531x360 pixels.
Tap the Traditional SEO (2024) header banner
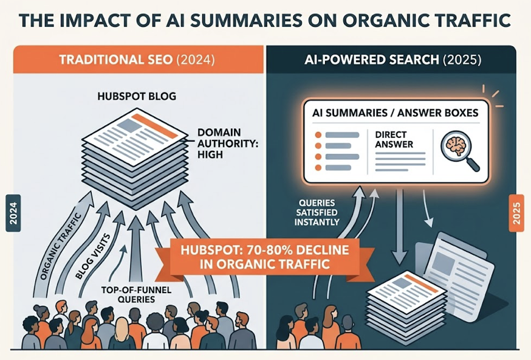coord(138,60)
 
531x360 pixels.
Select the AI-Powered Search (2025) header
coord(391,60)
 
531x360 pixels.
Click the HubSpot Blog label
coord(137,96)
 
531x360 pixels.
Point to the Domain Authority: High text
coord(228,144)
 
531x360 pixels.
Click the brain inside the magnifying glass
coord(456,145)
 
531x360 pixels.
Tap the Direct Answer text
coord(394,139)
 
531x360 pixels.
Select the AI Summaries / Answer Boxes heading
coord(395,112)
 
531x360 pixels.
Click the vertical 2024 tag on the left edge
coord(13,213)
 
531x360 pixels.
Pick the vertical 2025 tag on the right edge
coord(516,213)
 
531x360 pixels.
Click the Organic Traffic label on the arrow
coord(60,247)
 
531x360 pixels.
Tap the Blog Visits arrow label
coord(92,257)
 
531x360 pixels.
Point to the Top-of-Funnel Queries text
coord(136,294)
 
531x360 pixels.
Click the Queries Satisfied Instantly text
coord(317,213)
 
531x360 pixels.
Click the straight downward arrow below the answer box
coord(399,226)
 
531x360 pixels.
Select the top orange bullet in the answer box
coord(318,135)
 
